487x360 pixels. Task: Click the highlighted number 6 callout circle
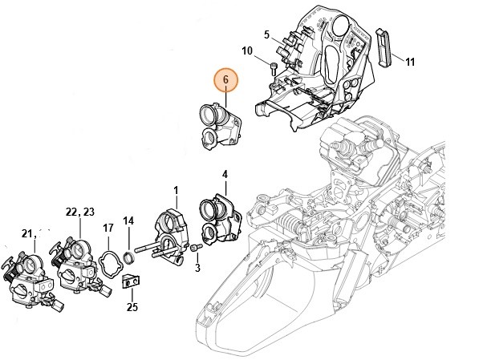pyautogui.click(x=225, y=80)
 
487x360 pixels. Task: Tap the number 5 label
pyautogui.click(x=266, y=34)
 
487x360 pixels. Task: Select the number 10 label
pyautogui.click(x=248, y=51)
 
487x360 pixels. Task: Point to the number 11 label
pyautogui.click(x=409, y=62)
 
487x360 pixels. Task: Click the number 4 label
pyautogui.click(x=225, y=174)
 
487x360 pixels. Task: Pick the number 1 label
pyautogui.click(x=175, y=189)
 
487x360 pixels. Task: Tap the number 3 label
pyautogui.click(x=197, y=266)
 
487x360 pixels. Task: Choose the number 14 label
pyautogui.click(x=128, y=220)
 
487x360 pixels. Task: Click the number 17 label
pyautogui.click(x=108, y=229)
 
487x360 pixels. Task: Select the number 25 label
pyautogui.click(x=132, y=306)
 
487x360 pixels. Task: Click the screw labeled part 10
pyautogui.click(x=274, y=70)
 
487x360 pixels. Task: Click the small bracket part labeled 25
pyautogui.click(x=131, y=282)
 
